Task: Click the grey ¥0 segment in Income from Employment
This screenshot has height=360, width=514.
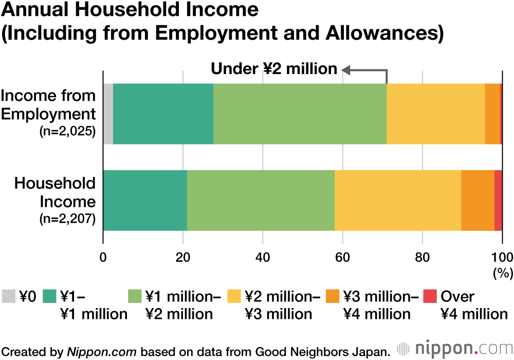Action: point(108,114)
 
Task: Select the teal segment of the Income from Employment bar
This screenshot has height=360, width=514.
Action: point(163,114)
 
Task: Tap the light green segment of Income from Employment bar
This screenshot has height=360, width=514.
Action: point(300,114)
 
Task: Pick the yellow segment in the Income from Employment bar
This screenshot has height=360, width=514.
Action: point(435,114)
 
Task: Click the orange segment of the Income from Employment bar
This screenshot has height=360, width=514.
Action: point(492,114)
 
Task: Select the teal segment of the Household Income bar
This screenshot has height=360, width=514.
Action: point(145,200)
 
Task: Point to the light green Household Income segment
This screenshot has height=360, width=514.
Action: point(261,200)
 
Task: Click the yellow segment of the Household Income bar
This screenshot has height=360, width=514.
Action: point(398,200)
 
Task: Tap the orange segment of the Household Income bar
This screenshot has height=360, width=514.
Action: point(478,200)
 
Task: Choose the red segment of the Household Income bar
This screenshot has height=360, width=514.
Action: point(498,200)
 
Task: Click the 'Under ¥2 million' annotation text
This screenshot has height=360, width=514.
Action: point(274,69)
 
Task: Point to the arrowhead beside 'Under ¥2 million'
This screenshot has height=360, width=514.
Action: point(346,69)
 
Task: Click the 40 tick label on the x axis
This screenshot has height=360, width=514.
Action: point(263,258)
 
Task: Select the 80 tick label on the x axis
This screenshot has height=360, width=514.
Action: point(422,258)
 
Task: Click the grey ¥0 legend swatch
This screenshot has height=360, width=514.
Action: point(8,297)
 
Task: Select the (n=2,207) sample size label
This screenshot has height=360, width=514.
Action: point(68,219)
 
